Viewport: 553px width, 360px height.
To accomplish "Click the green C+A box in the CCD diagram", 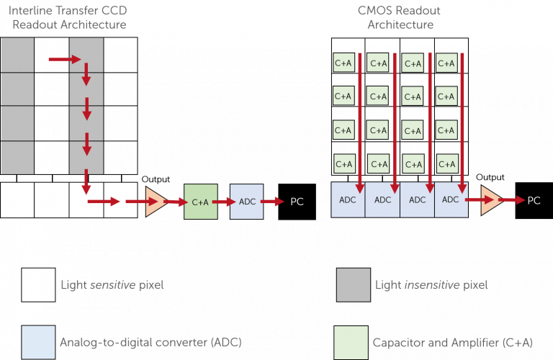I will click(x=200, y=202).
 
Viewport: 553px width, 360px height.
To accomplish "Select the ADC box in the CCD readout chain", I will click(x=246, y=202).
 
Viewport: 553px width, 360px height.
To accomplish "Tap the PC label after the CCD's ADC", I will click(x=297, y=202).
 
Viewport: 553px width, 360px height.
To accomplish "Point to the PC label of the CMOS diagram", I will click(x=534, y=200).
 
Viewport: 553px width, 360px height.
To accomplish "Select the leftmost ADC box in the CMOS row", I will click(x=348, y=200).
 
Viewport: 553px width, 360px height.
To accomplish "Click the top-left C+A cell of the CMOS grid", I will click(x=343, y=63).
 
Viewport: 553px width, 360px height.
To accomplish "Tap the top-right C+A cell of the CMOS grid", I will click(x=446, y=63).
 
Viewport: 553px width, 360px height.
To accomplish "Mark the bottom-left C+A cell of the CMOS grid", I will click(x=343, y=163).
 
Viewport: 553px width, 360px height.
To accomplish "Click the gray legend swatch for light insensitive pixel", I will click(x=354, y=285).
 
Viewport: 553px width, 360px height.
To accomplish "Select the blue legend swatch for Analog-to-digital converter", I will click(x=38, y=342).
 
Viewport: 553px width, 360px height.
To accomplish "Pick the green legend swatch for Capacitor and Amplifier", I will click(x=351, y=342).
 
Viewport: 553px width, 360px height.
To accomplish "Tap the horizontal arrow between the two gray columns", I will click(x=60, y=59).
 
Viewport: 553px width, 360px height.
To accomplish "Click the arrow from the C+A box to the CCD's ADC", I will click(x=223, y=202).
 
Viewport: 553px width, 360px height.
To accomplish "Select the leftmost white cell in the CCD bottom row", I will click(x=17, y=200).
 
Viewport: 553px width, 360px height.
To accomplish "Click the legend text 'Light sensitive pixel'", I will click(x=112, y=285).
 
